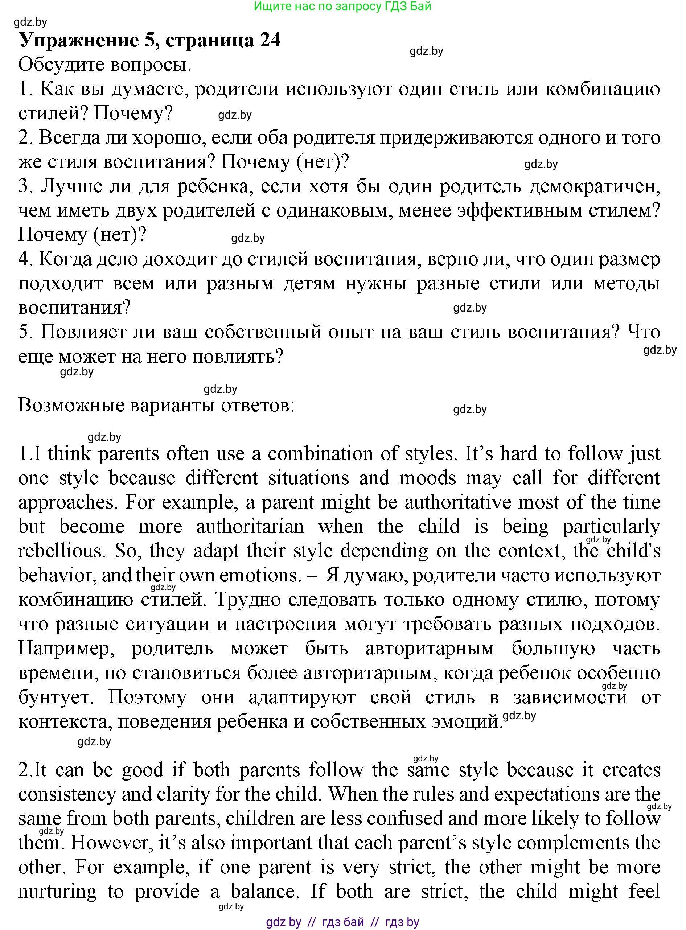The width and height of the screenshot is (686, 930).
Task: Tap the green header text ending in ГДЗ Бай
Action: tap(342, 6)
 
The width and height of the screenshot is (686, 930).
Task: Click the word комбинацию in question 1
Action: tap(603, 89)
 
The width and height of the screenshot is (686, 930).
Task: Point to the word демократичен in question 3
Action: tap(594, 186)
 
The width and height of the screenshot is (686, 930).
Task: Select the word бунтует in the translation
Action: tap(56, 697)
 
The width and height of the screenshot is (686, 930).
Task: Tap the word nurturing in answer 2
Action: tap(57, 892)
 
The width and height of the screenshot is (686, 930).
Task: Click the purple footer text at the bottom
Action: tap(342, 922)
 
